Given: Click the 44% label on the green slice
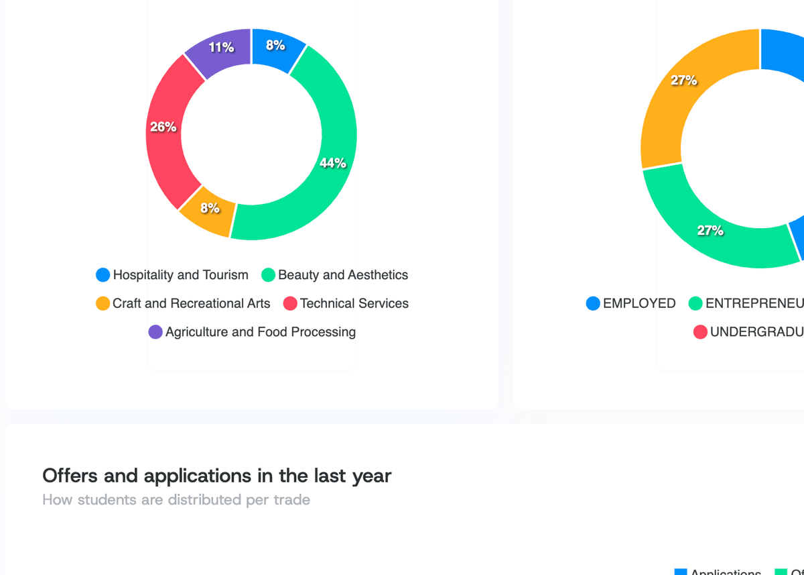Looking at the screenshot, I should tap(332, 162).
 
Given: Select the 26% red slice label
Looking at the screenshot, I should tap(163, 126).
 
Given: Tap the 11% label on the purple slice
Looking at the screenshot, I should tap(221, 47).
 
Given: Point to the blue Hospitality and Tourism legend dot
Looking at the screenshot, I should tap(103, 275).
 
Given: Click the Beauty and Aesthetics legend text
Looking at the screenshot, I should tap(342, 275).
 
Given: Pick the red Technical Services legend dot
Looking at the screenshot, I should tap(290, 303).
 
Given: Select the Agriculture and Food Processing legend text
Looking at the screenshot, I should tap(260, 331).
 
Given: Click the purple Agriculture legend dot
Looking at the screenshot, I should tap(155, 332).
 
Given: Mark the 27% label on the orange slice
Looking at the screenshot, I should tap(684, 81).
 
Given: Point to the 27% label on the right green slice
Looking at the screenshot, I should tap(710, 230).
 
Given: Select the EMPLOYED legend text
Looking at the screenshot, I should tap(639, 303).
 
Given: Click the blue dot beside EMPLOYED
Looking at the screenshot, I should tap(593, 303).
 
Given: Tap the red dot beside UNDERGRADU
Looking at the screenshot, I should tap(700, 332).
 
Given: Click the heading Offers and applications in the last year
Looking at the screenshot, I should tap(216, 476).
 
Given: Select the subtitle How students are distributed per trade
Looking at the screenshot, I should tap(176, 500).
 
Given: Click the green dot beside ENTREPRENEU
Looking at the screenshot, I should tap(695, 303).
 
